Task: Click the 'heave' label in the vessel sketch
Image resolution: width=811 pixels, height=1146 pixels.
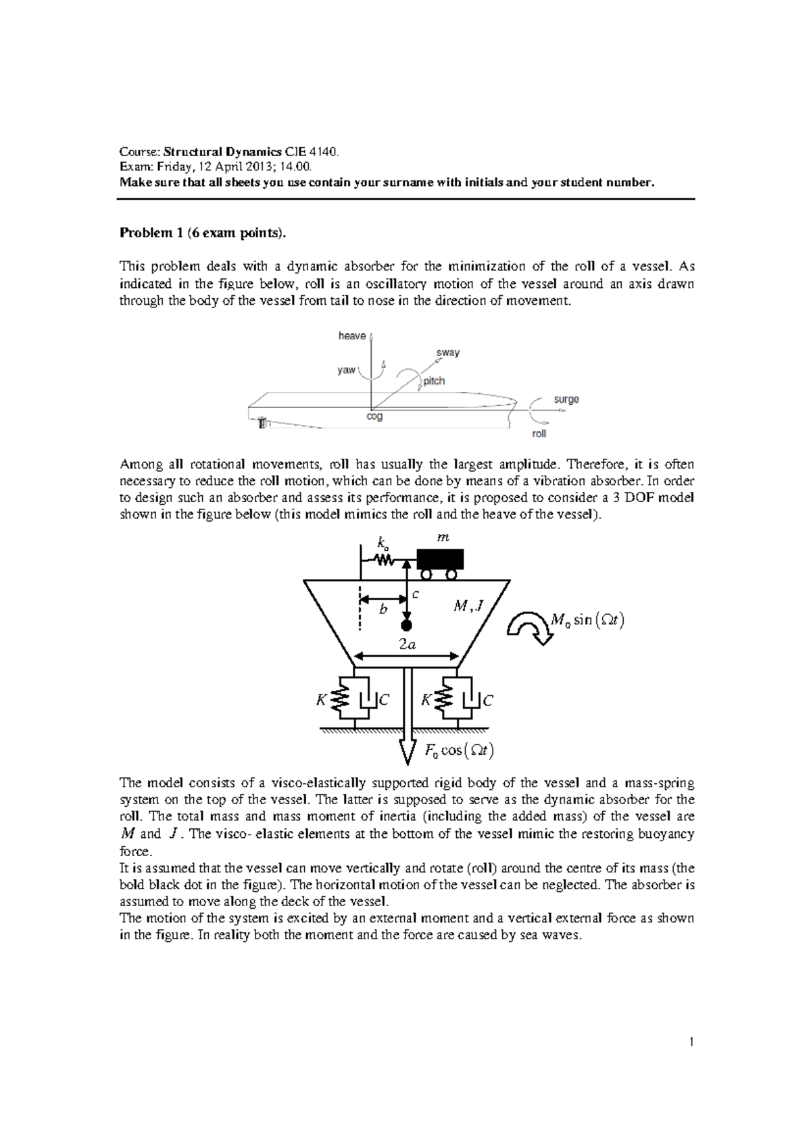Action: [x=351, y=336]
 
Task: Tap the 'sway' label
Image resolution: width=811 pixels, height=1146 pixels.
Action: [x=448, y=353]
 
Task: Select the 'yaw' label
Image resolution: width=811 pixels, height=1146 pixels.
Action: [x=346, y=370]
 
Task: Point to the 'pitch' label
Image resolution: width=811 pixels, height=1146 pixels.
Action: [x=434, y=381]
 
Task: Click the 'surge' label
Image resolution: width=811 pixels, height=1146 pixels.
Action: [x=566, y=399]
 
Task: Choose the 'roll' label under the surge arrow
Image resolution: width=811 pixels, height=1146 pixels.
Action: [x=539, y=434]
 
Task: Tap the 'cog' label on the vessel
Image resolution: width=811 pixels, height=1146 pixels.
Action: [x=374, y=417]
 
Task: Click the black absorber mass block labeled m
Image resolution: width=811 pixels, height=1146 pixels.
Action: [x=441, y=559]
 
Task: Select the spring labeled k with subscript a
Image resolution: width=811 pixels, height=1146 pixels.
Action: [x=385, y=559]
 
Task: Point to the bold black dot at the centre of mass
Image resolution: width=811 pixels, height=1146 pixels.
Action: [x=406, y=625]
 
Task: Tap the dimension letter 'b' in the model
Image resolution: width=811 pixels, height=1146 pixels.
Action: [x=383, y=609]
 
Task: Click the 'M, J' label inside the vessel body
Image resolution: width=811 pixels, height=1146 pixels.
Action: [x=468, y=606]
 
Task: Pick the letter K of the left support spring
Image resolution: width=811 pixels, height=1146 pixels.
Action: [x=321, y=701]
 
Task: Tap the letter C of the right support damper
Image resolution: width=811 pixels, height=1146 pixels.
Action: [x=488, y=701]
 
